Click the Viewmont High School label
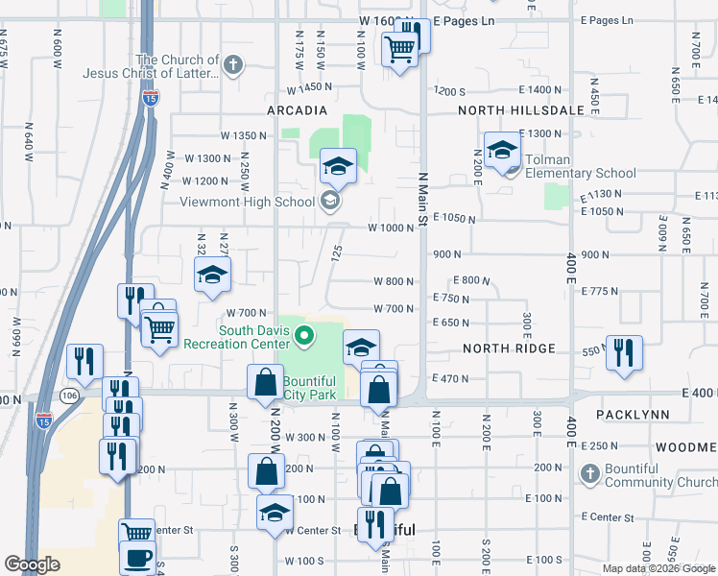point(249,202)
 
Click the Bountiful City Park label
point(309,387)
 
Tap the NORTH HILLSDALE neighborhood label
point(521,110)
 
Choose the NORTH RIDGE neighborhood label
point(509,348)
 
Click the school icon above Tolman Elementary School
point(502,150)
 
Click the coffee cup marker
point(137,558)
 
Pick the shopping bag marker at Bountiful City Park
point(264,382)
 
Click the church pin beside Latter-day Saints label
point(232,65)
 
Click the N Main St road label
point(422,199)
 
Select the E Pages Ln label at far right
point(608,20)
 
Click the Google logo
point(33,564)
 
